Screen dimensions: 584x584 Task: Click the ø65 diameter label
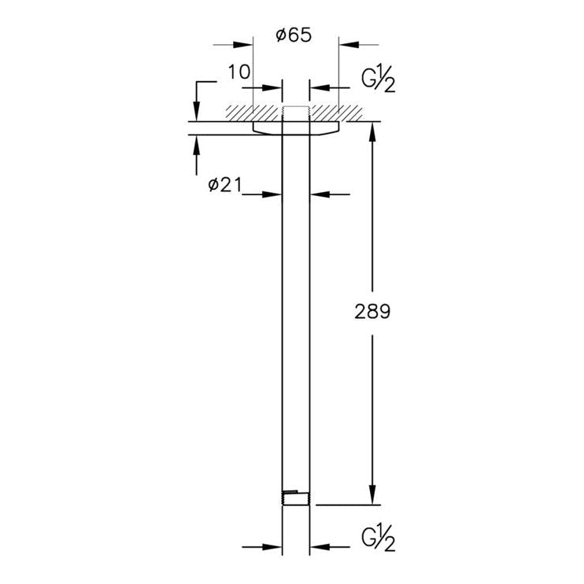point(294,35)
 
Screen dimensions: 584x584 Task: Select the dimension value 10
point(238,72)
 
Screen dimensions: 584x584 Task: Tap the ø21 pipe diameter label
point(224,185)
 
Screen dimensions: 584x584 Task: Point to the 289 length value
point(372,312)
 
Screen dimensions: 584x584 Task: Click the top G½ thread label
point(378,78)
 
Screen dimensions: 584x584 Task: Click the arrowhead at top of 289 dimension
point(372,131)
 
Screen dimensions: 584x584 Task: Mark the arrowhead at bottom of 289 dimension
point(372,495)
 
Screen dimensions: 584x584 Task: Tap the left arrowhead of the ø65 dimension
point(243,45)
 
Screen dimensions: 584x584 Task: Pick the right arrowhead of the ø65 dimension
point(349,45)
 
